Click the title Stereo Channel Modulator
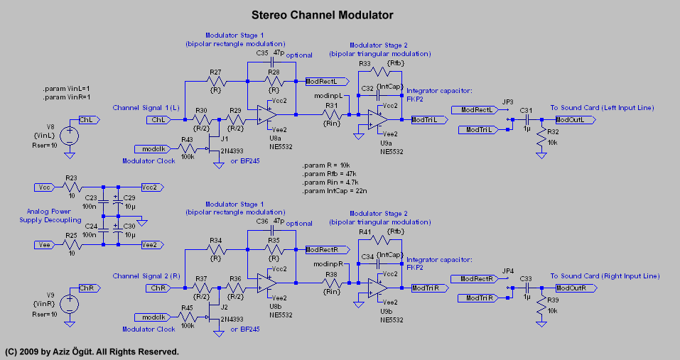pos(323,15)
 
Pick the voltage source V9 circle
pos(70,303)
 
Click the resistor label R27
pos(215,72)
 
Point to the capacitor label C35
pos(262,53)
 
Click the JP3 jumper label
pos(507,102)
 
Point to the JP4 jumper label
pos(507,271)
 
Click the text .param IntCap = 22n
pos(333,191)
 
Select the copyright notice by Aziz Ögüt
pos(92,351)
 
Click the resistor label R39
pos(552,300)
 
